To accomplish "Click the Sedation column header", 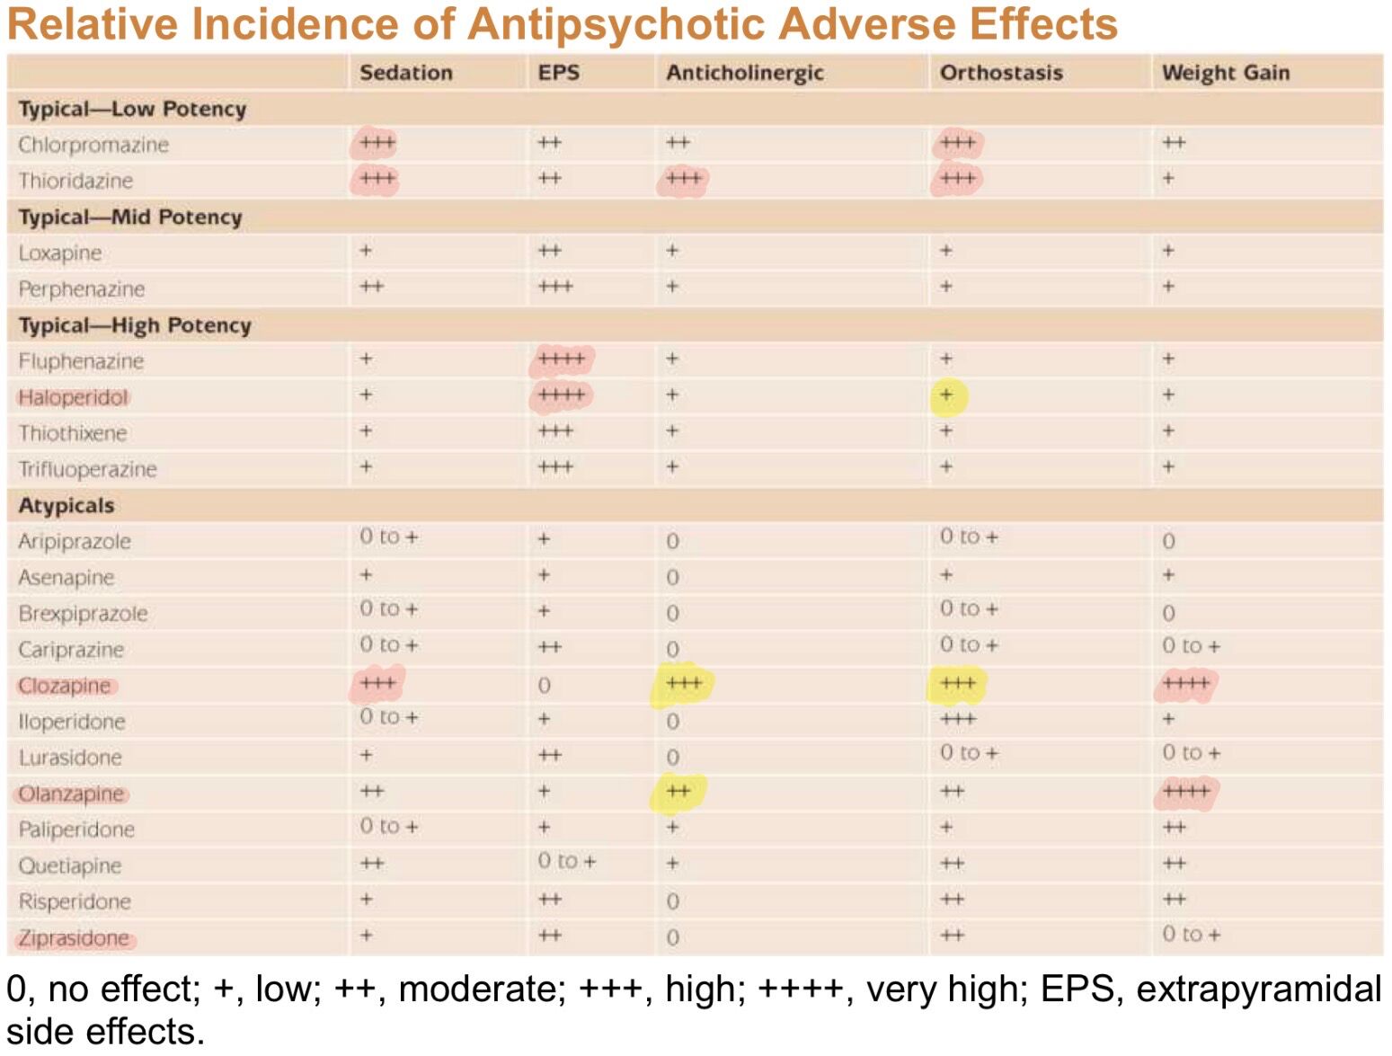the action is (406, 72).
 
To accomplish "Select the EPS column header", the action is (558, 72).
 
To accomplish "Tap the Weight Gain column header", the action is (1225, 73).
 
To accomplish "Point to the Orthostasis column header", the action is (1001, 72).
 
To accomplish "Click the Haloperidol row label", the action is (73, 397).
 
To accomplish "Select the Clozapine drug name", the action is (64, 686).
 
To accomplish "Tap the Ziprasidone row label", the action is (74, 938).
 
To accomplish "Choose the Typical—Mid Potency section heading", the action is (130, 217).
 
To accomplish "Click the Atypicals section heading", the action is (66, 505).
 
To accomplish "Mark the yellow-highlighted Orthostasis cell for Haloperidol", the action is (947, 395).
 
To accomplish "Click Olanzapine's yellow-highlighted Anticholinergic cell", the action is (678, 792).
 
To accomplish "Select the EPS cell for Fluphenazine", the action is (562, 359).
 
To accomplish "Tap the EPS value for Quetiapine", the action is (567, 861).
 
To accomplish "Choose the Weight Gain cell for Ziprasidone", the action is (1191, 935).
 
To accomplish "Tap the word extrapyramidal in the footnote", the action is (1258, 989).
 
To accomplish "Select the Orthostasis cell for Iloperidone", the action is (958, 719).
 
